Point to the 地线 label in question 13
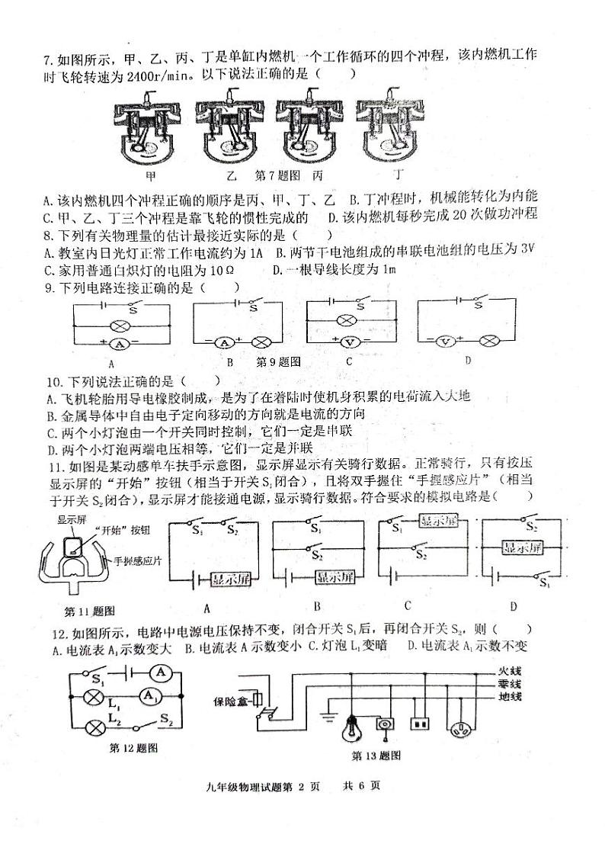(x=509, y=698)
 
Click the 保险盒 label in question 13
(x=234, y=699)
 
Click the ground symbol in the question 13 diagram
(x=328, y=717)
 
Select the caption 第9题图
(x=279, y=361)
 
